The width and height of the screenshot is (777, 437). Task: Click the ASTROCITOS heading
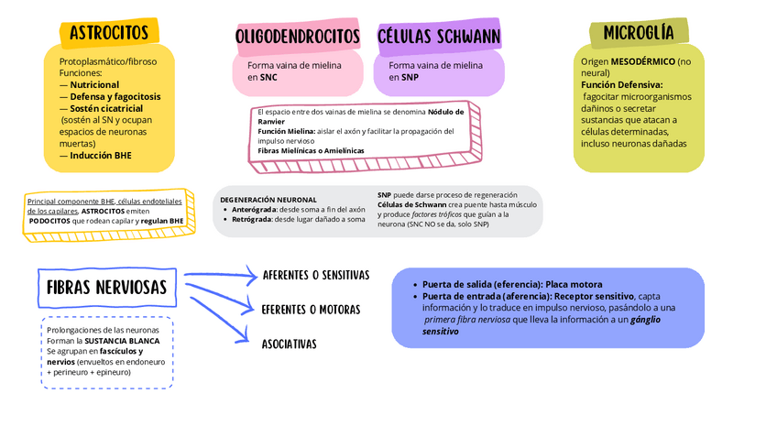pyautogui.click(x=108, y=33)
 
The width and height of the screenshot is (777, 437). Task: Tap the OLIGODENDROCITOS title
pyautogui.click(x=297, y=37)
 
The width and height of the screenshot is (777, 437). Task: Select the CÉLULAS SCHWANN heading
pyautogui.click(x=439, y=37)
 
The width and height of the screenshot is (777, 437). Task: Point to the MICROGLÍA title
pyautogui.click(x=639, y=33)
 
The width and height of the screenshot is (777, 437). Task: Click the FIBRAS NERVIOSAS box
pyautogui.click(x=106, y=288)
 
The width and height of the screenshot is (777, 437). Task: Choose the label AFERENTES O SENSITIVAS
pyautogui.click(x=315, y=275)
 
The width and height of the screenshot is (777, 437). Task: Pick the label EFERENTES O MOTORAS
pyautogui.click(x=311, y=310)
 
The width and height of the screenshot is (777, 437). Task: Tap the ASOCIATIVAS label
pyautogui.click(x=289, y=344)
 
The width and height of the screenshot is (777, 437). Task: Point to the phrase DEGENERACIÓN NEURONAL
pyautogui.click(x=268, y=199)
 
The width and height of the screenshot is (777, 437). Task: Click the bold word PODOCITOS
pyautogui.click(x=49, y=221)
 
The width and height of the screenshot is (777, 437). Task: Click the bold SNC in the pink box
pyautogui.click(x=268, y=78)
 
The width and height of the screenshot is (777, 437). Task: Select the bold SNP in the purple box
pyautogui.click(x=410, y=78)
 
